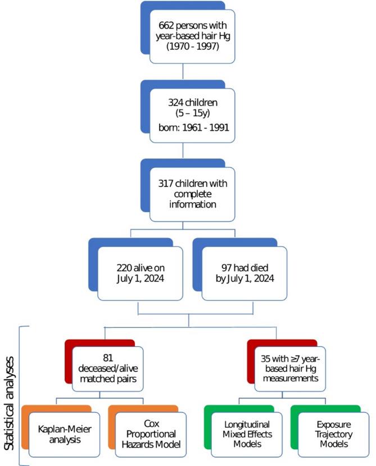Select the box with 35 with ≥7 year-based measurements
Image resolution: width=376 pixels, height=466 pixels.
click(x=286, y=370)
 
